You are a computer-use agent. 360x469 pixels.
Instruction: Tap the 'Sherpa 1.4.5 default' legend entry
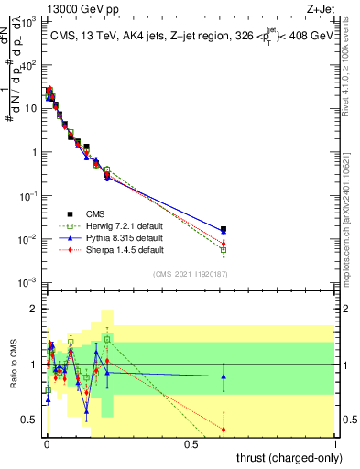[108, 249]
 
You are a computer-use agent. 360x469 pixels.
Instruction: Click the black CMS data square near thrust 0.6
[224, 229]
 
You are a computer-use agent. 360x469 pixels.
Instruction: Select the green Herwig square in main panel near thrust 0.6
[224, 249]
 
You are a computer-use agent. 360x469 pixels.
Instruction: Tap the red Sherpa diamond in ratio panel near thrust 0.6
[224, 429]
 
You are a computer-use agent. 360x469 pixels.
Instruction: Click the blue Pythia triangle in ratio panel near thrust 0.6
[224, 376]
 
